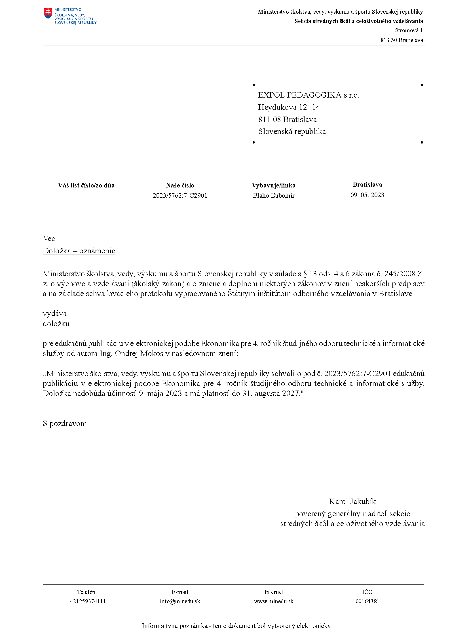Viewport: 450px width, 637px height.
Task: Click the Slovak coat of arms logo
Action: coord(48,13)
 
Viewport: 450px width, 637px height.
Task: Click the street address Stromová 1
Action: coord(409,31)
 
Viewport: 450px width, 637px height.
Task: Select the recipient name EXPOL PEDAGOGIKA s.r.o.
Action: coord(309,95)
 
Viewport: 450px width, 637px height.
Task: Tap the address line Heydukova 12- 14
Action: coord(289,107)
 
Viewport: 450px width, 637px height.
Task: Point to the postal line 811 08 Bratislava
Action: coord(287,119)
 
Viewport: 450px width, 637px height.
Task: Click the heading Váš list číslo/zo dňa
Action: coord(86,185)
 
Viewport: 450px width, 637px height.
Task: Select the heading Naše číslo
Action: coord(180,185)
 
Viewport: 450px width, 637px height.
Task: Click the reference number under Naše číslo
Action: coord(180,195)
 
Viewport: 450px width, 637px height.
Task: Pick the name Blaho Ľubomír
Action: coord(274,195)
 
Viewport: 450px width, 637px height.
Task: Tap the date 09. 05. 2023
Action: coord(367,195)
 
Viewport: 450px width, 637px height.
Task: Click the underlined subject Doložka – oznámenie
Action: coord(79,251)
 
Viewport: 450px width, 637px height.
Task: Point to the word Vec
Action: coord(49,239)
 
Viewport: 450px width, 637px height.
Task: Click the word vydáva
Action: coord(55,313)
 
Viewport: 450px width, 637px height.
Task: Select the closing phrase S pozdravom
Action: coord(65,423)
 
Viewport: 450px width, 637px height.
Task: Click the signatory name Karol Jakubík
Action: coord(352,501)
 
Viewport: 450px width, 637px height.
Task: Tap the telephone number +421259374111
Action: coord(86,601)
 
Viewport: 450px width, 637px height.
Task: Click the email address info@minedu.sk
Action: coord(180,601)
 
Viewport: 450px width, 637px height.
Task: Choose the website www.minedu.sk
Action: coord(274,601)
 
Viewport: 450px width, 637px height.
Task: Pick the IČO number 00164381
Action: coord(367,601)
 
